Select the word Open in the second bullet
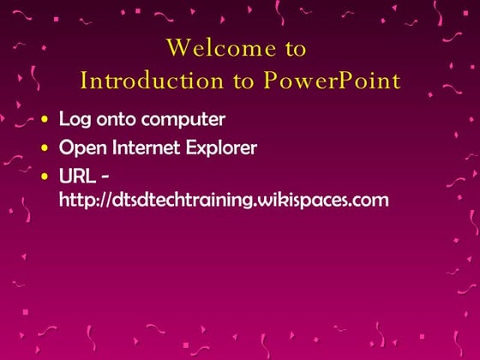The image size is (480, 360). point(79,147)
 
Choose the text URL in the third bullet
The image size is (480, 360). point(75,177)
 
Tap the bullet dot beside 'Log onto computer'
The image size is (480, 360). point(45,120)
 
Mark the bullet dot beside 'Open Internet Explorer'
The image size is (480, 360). point(45,148)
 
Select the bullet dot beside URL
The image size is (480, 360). point(45,177)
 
